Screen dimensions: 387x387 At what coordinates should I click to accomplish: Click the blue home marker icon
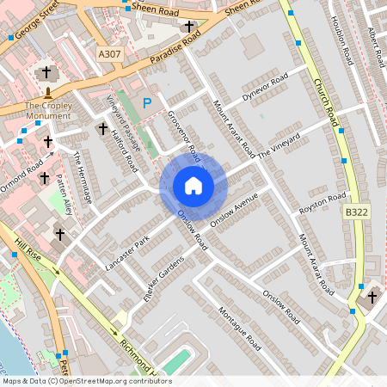193,186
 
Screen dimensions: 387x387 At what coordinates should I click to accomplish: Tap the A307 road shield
108,54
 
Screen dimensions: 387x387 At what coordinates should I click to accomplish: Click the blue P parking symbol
147,102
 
